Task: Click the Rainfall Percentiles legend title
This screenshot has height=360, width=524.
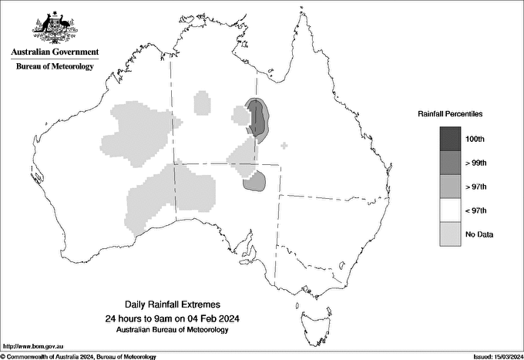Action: tap(450, 113)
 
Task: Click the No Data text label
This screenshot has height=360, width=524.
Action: tap(479, 234)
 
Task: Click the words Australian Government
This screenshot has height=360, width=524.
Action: tap(55, 52)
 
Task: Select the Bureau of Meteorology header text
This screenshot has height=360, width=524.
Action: tap(55, 67)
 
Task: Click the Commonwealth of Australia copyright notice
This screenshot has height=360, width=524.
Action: tap(78, 356)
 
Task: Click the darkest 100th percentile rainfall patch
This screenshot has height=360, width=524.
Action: tap(256, 116)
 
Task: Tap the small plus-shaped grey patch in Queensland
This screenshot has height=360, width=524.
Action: tap(284, 145)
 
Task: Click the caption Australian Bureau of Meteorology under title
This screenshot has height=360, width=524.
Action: tap(172, 330)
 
